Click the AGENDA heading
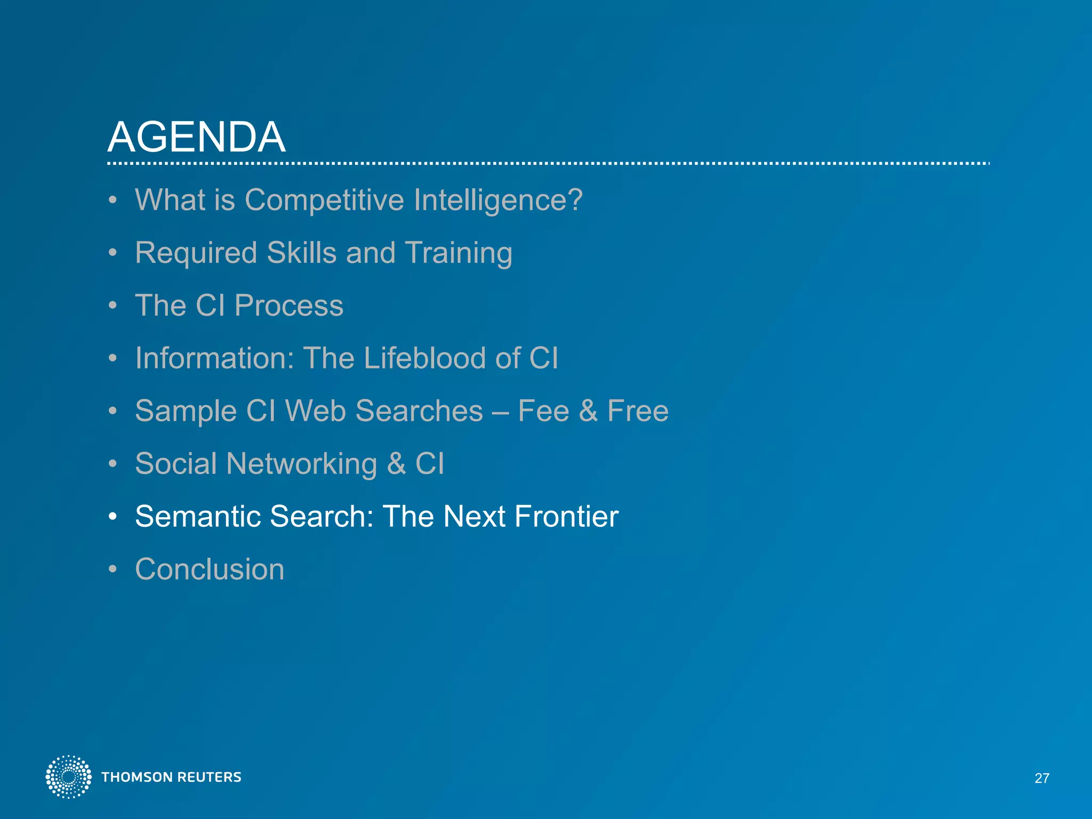196,137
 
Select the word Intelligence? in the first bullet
498,200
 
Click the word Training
459,253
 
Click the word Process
288,306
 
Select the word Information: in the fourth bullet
214,358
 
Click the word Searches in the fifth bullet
419,411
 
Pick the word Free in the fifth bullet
638,411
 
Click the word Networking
301,463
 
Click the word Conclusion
210,569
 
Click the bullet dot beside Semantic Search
113,517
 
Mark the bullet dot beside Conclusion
113,569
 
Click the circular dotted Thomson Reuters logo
68,777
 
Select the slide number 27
1042,778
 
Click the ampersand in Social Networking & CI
396,463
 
